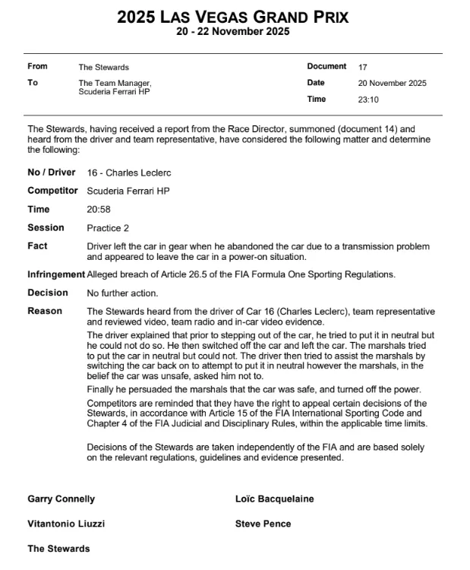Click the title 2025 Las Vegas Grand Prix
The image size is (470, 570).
tap(233, 17)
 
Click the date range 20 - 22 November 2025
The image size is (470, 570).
tap(233, 32)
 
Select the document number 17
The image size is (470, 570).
tap(362, 67)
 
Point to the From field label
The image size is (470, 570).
tap(37, 67)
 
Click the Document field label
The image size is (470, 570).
tap(326, 67)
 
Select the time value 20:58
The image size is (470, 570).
tap(98, 210)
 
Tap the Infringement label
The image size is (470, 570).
tap(56, 274)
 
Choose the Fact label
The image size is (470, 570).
tap(37, 246)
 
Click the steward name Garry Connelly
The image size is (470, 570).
tap(62, 499)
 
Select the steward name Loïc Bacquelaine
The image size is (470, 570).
tap(275, 499)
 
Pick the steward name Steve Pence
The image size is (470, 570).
tap(263, 524)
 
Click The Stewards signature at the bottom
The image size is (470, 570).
tap(58, 549)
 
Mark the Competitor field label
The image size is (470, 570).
tap(53, 192)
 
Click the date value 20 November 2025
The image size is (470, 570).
tap(393, 83)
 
